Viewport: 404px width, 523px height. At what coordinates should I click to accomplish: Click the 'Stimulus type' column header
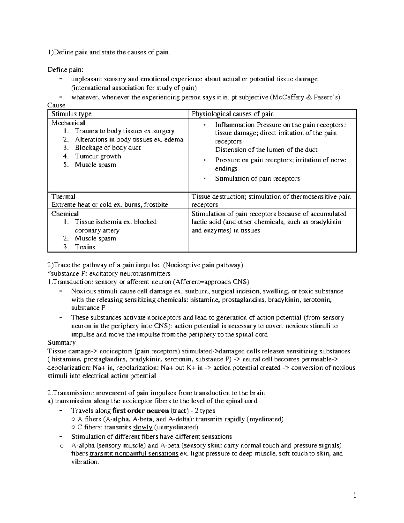pyautogui.click(x=71, y=114)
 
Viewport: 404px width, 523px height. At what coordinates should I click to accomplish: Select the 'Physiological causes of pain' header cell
pyautogui.click(x=233, y=114)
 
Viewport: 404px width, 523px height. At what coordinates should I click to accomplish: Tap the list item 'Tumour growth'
pyautogui.click(x=98, y=156)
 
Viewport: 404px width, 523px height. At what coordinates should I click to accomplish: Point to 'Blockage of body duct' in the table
pyautogui.click(x=108, y=148)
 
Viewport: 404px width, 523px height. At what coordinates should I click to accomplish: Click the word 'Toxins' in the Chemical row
pyautogui.click(x=85, y=247)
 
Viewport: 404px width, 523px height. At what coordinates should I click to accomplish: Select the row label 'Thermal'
pyautogui.click(x=63, y=196)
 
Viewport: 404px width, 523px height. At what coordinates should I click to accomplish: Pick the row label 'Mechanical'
pyautogui.click(x=68, y=123)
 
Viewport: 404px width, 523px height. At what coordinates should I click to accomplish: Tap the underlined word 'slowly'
pyautogui.click(x=142, y=427)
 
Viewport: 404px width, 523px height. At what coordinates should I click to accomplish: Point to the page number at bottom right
pyautogui.click(x=355, y=495)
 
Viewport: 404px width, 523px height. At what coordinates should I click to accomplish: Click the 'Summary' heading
pyautogui.click(x=62, y=342)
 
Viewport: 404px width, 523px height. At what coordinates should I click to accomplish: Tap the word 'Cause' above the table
pyautogui.click(x=56, y=105)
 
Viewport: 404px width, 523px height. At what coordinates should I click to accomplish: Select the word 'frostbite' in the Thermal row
pyautogui.click(x=156, y=205)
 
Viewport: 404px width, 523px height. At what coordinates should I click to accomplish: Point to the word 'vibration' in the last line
pyautogui.click(x=84, y=462)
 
